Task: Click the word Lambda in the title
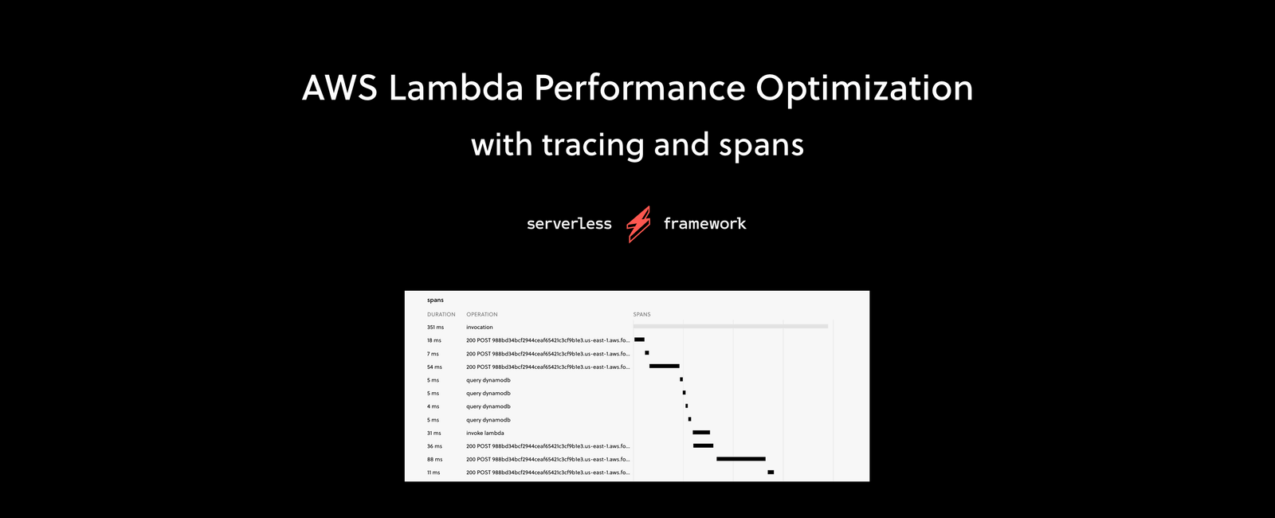[x=456, y=88]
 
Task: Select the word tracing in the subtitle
[x=594, y=146]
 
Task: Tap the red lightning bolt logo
[x=638, y=224]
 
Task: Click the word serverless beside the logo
[x=569, y=224]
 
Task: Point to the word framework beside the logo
[x=704, y=224]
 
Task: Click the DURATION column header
[x=441, y=315]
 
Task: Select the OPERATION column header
[x=482, y=315]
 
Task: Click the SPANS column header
[x=641, y=315]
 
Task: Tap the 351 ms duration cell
[x=435, y=328]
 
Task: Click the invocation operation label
[x=480, y=328]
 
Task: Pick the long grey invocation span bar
[x=731, y=326]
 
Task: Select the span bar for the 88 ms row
[x=741, y=459]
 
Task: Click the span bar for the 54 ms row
[x=664, y=366]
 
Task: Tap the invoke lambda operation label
[x=485, y=434]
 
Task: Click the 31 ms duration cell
[x=433, y=434]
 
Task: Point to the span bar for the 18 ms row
[x=639, y=339]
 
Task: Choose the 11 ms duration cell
[x=433, y=473]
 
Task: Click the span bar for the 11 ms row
[x=771, y=472]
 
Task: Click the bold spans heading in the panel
[x=435, y=300]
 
